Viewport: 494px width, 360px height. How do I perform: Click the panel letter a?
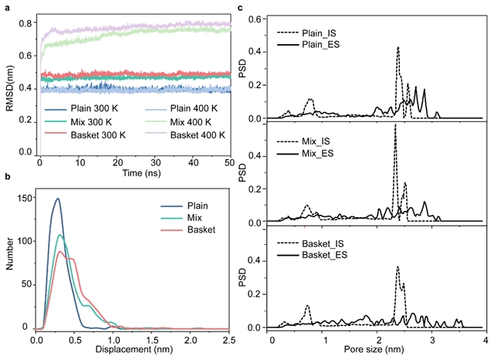pos(4,6)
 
